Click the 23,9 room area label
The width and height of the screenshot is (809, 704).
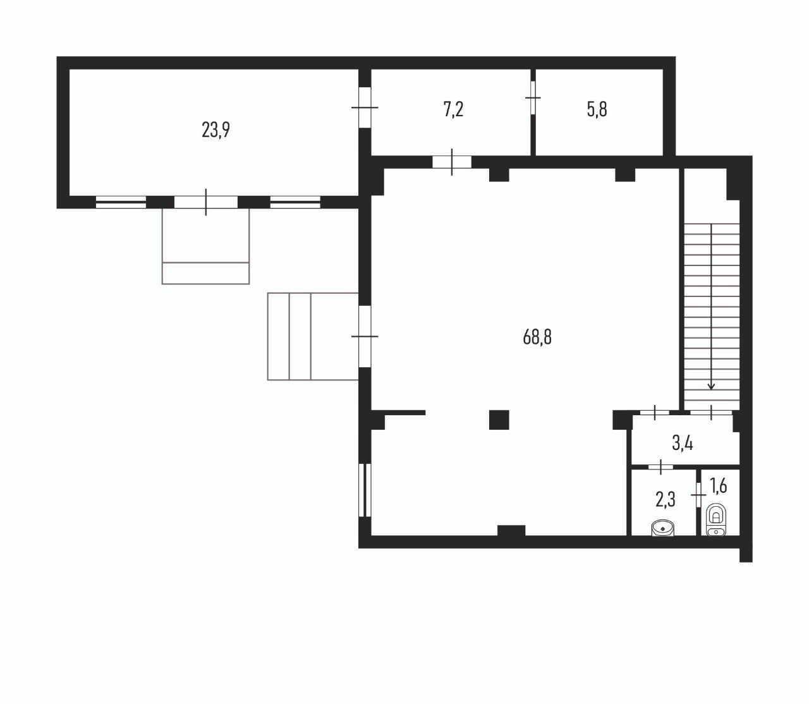216,130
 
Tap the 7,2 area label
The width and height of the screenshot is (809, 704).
453,109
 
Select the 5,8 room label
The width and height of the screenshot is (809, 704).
597,109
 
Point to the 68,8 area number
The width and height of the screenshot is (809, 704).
537,337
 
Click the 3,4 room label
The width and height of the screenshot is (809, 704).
683,444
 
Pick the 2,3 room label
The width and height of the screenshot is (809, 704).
666,500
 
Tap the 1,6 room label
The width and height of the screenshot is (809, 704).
719,486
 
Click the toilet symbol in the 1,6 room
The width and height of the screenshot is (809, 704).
716,519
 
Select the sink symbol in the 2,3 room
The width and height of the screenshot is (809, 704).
663,528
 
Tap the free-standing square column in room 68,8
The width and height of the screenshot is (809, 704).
499,420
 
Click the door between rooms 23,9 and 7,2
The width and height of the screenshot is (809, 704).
365,107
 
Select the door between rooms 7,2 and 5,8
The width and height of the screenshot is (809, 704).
533,97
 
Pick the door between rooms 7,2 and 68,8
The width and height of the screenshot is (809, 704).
452,162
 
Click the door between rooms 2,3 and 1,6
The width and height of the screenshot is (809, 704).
698,494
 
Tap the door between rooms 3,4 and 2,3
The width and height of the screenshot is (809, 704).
660,467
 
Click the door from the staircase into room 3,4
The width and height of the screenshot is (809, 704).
711,412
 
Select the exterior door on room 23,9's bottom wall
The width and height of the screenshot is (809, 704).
205,202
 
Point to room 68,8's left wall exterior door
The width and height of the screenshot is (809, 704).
365,336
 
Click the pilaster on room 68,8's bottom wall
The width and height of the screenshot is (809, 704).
511,530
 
